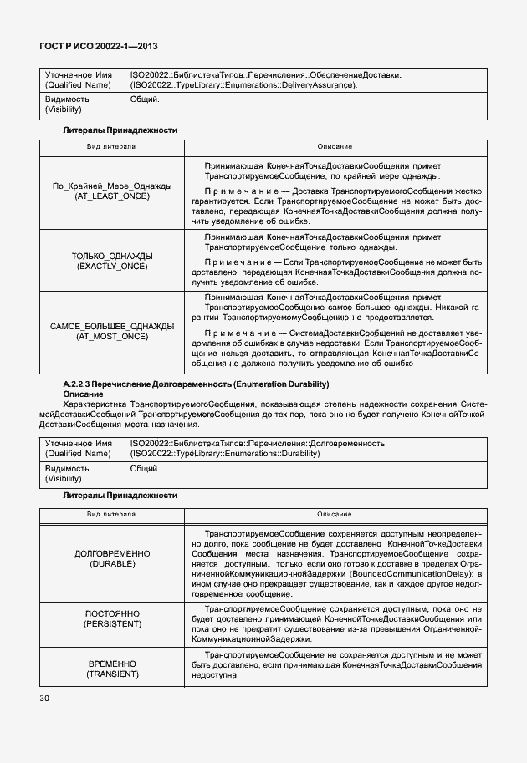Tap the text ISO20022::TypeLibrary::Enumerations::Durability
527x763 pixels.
[x=226, y=453]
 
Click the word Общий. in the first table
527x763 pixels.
[x=145, y=99]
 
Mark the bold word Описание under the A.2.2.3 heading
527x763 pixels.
[x=83, y=394]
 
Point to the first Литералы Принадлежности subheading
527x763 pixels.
[x=120, y=130]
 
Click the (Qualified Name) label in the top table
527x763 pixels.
[x=78, y=84]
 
